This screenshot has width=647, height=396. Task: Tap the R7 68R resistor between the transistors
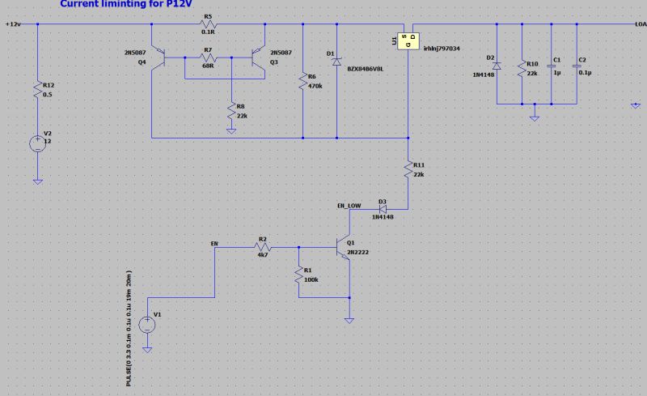click(x=207, y=57)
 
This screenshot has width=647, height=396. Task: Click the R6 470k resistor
click(x=302, y=82)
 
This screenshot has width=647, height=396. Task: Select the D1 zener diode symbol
click(x=336, y=62)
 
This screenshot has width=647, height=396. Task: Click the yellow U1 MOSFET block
click(x=404, y=38)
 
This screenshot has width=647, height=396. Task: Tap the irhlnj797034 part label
click(x=442, y=49)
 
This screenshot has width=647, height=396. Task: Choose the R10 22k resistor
click(x=522, y=69)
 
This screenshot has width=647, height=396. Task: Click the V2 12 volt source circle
click(x=37, y=144)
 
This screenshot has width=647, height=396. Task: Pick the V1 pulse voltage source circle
click(x=147, y=325)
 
